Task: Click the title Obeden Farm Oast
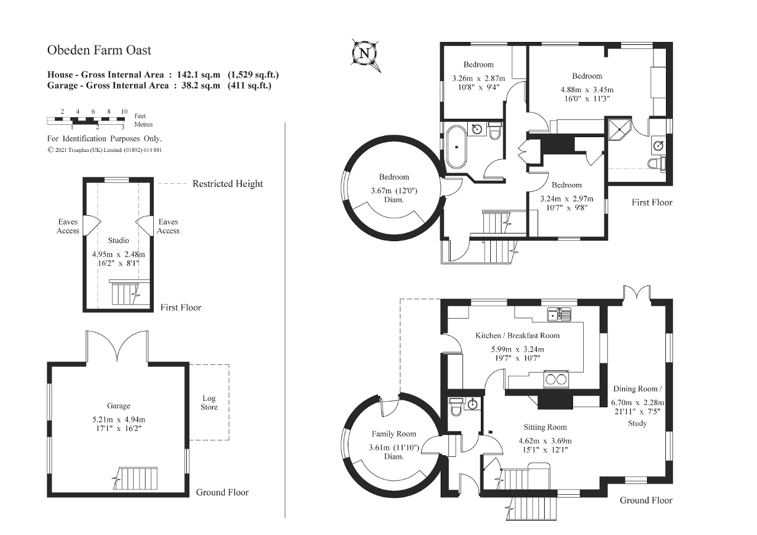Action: [x=99, y=50]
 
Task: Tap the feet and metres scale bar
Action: [x=86, y=120]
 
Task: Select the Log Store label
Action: [x=209, y=403]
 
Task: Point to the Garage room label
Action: [x=118, y=406]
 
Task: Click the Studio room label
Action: [x=118, y=240]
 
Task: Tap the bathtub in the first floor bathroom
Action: [x=457, y=147]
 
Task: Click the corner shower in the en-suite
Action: [x=619, y=131]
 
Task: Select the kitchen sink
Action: [x=559, y=314]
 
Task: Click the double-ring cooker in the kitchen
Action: [x=556, y=380]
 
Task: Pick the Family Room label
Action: [x=394, y=434]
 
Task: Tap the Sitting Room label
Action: [x=545, y=427]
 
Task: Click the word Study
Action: [x=638, y=423]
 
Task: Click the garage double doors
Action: [x=117, y=346]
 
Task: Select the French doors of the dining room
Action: [x=637, y=293]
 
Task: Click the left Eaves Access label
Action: [x=68, y=226]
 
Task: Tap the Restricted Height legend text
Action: [x=228, y=184]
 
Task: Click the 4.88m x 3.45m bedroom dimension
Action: [x=587, y=90]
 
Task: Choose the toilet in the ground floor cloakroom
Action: [x=455, y=407]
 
